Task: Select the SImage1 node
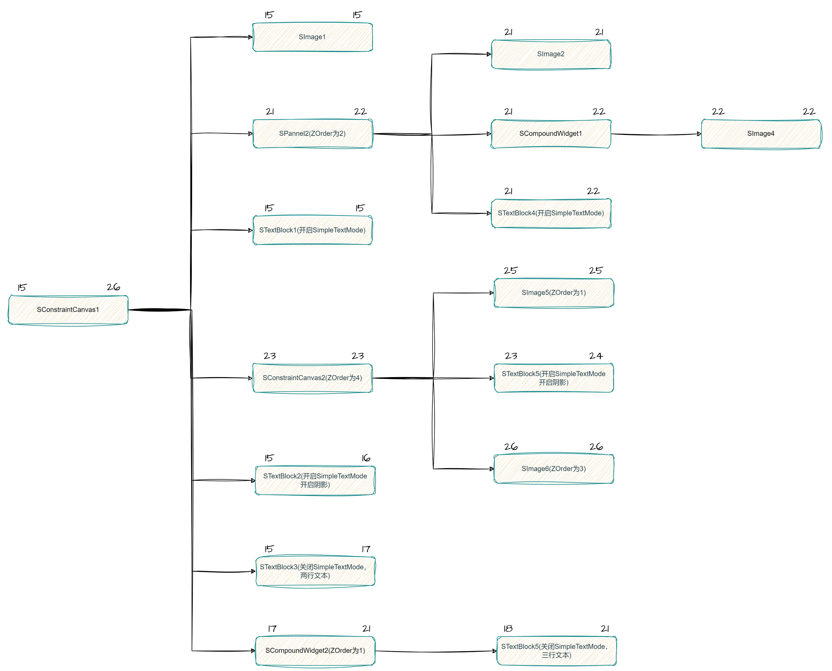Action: tap(312, 37)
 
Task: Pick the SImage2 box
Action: tap(551, 54)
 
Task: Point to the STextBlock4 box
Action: tap(551, 213)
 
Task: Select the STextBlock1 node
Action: tap(312, 230)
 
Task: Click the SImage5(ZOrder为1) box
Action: tap(554, 293)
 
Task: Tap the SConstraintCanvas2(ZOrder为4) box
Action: tap(312, 378)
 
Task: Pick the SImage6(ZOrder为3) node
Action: tap(554, 469)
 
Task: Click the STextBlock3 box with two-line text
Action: tap(315, 571)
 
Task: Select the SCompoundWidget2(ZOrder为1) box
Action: tap(315, 651)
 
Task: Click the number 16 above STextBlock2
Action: tap(365, 458)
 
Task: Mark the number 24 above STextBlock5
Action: tap(595, 356)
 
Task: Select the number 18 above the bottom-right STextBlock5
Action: tap(508, 629)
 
